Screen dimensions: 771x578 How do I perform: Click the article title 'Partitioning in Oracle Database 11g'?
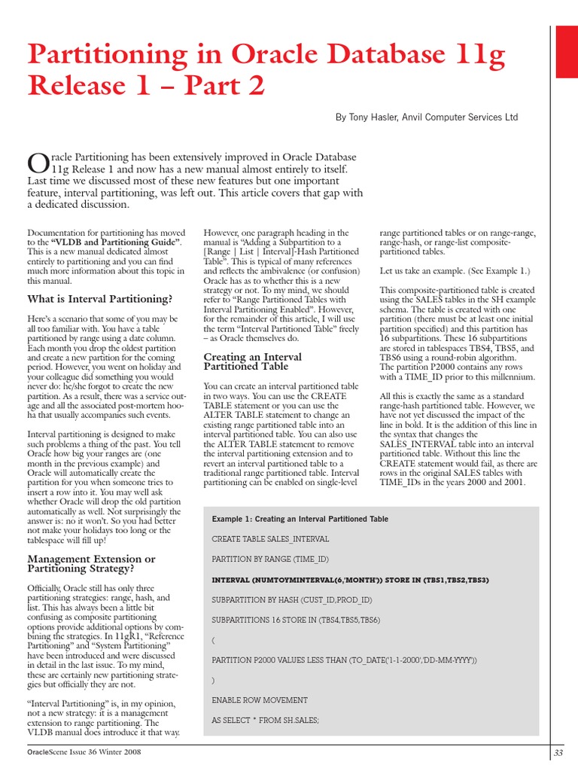click(x=266, y=55)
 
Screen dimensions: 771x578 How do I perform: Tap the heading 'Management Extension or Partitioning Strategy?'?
click(x=91, y=564)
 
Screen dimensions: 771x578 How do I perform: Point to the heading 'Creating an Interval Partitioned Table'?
click(x=245, y=361)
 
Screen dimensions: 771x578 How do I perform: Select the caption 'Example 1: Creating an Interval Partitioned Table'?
click(x=300, y=520)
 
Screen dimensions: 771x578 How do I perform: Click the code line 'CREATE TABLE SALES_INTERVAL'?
click(x=270, y=539)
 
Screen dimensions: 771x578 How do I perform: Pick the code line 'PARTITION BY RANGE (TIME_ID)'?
click(x=271, y=559)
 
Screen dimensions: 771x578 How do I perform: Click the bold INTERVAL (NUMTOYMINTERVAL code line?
click(x=351, y=580)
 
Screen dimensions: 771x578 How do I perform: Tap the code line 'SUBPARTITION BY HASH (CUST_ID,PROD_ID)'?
click(x=292, y=599)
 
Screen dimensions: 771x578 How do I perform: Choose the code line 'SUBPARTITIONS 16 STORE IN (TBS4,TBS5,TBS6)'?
click(x=296, y=620)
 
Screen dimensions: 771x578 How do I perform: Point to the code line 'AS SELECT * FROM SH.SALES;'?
click(x=266, y=720)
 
